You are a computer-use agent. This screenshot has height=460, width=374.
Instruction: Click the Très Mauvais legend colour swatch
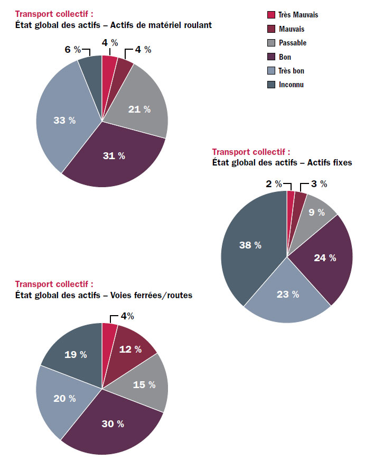pyautogui.click(x=272, y=15)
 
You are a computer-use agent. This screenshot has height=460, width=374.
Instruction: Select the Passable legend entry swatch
pyautogui.click(x=272, y=43)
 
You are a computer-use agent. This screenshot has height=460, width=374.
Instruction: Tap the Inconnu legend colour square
pyautogui.click(x=272, y=85)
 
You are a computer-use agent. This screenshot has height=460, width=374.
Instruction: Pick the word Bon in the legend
pyautogui.click(x=285, y=57)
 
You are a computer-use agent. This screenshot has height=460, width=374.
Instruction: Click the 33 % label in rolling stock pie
pyautogui.click(x=64, y=121)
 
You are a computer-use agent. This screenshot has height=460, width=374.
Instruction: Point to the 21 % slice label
pyautogui.click(x=139, y=109)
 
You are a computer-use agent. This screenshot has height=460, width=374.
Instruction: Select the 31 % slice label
pyautogui.click(x=114, y=155)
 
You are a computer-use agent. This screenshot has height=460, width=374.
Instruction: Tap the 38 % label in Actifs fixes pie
pyautogui.click(x=250, y=245)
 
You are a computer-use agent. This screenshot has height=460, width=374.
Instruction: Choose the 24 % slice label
pyautogui.click(x=325, y=258)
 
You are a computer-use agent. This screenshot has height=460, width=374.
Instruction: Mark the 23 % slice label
pyautogui.click(x=287, y=295)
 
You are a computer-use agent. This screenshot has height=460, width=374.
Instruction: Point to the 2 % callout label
pyautogui.click(x=273, y=184)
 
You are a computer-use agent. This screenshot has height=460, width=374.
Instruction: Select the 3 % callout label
pyautogui.click(x=319, y=184)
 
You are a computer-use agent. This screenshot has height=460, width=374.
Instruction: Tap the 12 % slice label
pyautogui.click(x=130, y=349)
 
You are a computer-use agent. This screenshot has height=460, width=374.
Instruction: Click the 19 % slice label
pyautogui.click(x=76, y=355)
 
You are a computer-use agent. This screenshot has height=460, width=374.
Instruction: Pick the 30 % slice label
pyautogui.click(x=113, y=424)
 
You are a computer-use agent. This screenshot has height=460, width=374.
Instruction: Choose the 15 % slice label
pyautogui.click(x=145, y=384)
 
